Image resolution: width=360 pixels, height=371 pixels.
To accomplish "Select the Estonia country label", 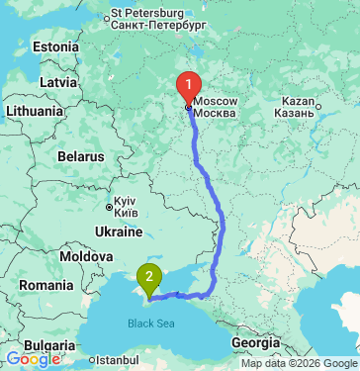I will point(55,46).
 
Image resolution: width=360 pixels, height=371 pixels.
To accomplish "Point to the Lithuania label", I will point(35,111).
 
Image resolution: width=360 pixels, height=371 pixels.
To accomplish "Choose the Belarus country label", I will point(81,156).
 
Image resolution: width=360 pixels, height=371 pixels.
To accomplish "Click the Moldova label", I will point(86,255).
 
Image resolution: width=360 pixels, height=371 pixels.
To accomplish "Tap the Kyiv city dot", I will point(110,207).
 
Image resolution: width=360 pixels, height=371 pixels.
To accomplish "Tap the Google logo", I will point(33,359).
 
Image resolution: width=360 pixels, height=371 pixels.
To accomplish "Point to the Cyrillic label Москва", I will point(216,114).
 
